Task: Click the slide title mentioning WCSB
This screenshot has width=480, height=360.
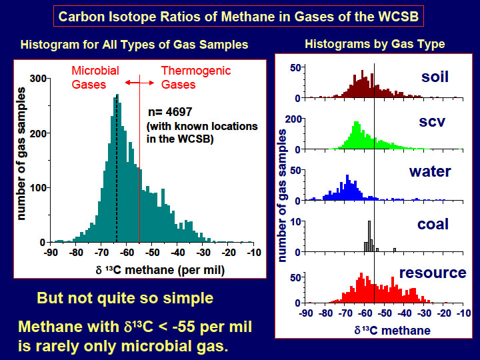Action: pyautogui.click(x=239, y=16)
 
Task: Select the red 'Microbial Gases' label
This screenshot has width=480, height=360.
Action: pyautogui.click(x=95, y=77)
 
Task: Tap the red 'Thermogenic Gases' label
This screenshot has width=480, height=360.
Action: pyautogui.click(x=196, y=77)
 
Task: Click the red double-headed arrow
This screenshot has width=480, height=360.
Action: pyautogui.click(x=139, y=83)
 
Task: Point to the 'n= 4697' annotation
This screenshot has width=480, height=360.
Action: pyautogui.click(x=170, y=112)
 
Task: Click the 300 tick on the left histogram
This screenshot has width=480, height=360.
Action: pyautogui.click(x=38, y=79)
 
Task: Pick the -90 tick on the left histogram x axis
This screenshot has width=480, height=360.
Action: pyautogui.click(x=51, y=253)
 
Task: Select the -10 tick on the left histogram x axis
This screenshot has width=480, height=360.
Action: pyautogui.click(x=254, y=253)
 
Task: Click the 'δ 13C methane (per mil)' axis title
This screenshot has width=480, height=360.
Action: pyautogui.click(x=160, y=270)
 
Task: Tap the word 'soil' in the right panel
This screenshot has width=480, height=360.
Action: pyautogui.click(x=435, y=77)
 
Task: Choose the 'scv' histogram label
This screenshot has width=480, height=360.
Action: pyautogui.click(x=431, y=122)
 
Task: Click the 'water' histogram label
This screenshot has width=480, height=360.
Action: pyautogui.click(x=430, y=171)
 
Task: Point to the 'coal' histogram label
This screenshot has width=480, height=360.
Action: pyautogui.click(x=433, y=224)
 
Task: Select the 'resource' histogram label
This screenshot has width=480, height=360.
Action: pyautogui.click(x=433, y=273)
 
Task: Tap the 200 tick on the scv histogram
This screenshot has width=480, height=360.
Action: pyautogui.click(x=293, y=119)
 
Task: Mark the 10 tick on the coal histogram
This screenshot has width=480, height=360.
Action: pyautogui.click(x=296, y=221)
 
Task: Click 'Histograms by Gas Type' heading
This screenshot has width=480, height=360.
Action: pyautogui.click(x=375, y=44)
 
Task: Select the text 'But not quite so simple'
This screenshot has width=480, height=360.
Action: pyautogui.click(x=125, y=298)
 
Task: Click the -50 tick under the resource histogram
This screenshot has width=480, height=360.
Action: pyautogui.click(x=385, y=313)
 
